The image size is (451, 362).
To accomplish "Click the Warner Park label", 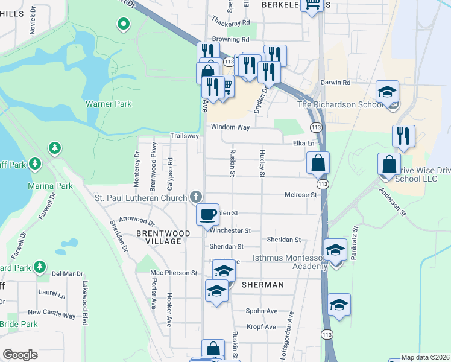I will [109, 104].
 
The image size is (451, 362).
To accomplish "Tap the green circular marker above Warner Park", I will [123, 25].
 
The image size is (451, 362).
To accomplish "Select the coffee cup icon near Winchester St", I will [208, 214].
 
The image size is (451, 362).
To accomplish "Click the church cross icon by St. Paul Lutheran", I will [195, 197].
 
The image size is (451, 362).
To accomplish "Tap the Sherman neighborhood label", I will [263, 284].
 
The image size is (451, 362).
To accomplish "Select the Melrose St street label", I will [301, 195].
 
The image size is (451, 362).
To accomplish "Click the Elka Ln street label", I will [303, 144].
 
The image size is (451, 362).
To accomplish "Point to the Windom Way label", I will [230, 127].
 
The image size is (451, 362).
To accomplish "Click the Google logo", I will [20, 355].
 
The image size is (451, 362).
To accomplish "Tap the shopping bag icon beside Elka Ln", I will [318, 162].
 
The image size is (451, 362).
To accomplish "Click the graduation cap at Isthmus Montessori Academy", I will [335, 249].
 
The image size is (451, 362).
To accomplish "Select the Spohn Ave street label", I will [261, 311].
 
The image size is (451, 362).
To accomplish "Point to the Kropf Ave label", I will [261, 326].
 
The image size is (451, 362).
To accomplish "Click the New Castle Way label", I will [51, 312].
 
